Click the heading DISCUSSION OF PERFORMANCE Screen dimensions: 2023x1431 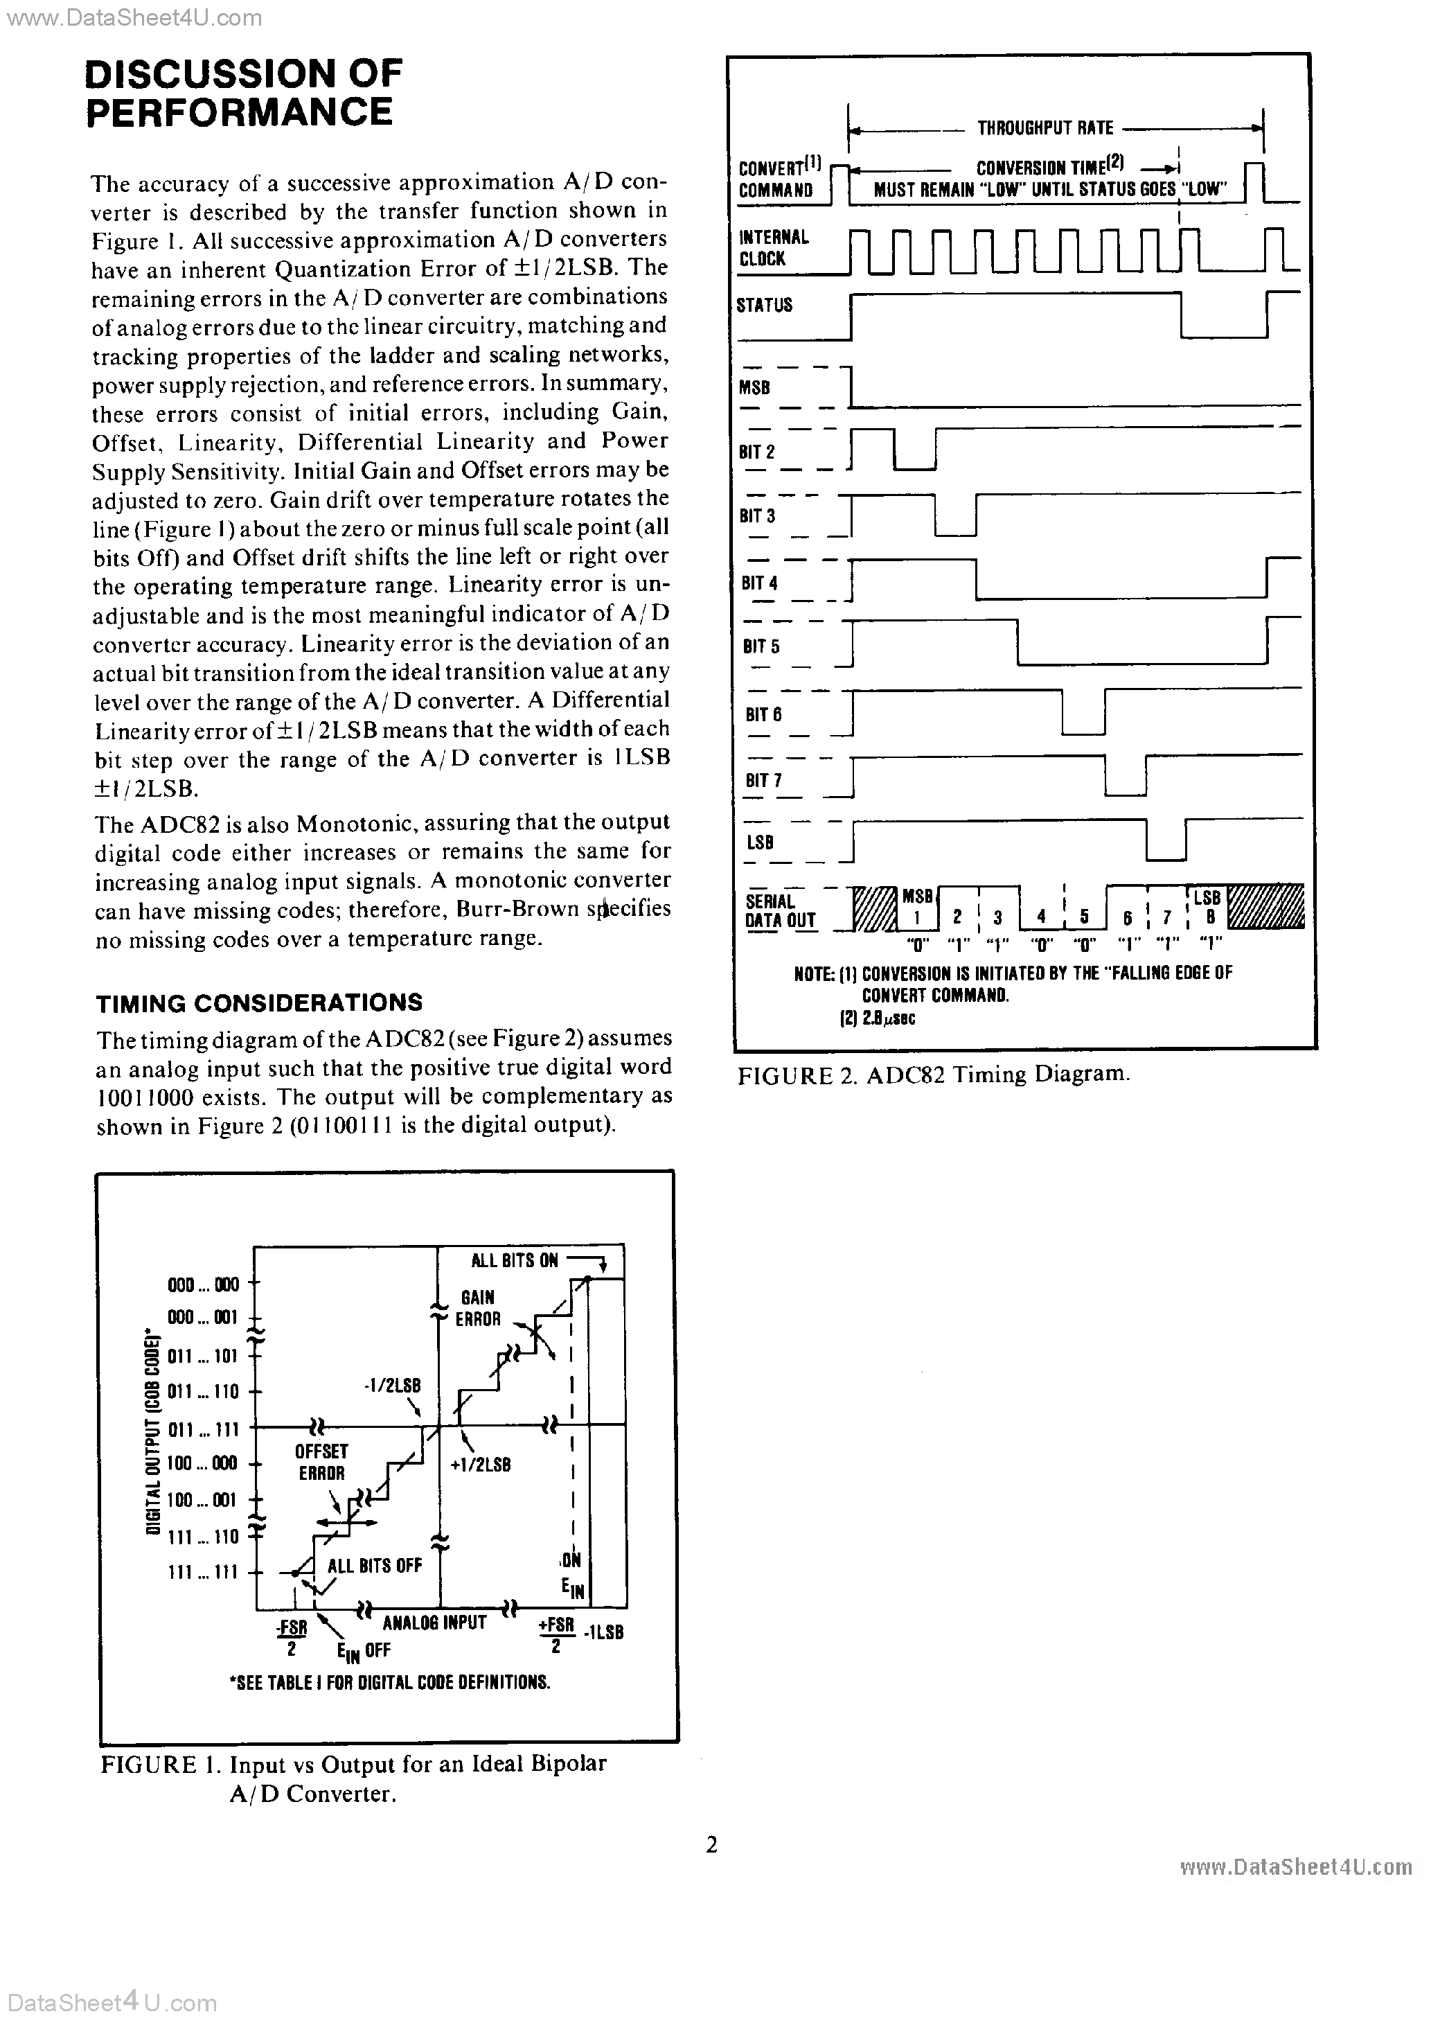[242, 93]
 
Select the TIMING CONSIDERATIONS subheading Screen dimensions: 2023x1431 [258, 1002]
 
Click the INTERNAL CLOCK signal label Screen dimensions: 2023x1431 [773, 247]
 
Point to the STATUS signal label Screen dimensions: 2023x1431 [764, 306]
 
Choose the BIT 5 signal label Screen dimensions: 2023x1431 [761, 646]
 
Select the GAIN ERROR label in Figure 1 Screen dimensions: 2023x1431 [478, 1309]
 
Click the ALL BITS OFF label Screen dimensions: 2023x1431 [375, 1566]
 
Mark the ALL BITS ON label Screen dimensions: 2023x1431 [515, 1261]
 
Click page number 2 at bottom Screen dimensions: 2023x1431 [712, 1845]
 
